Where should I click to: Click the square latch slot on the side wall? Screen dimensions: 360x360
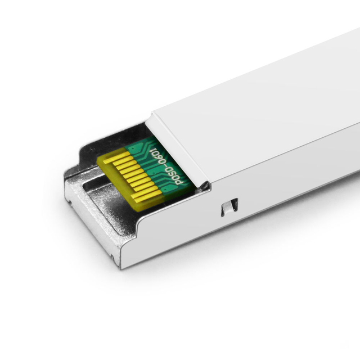click(x=229, y=207)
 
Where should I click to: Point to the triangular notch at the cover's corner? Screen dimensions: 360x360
click(x=206, y=185)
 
